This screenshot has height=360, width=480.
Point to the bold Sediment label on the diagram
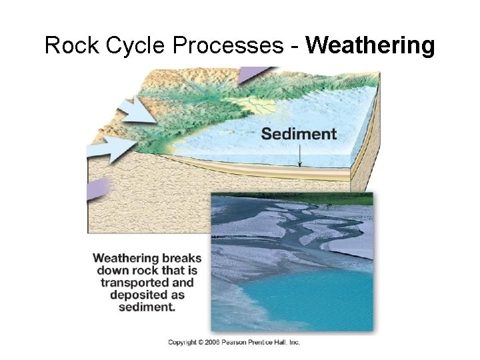[299, 133]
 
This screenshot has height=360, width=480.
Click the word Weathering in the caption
[125, 258]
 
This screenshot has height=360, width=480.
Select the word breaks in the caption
[181, 258]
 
